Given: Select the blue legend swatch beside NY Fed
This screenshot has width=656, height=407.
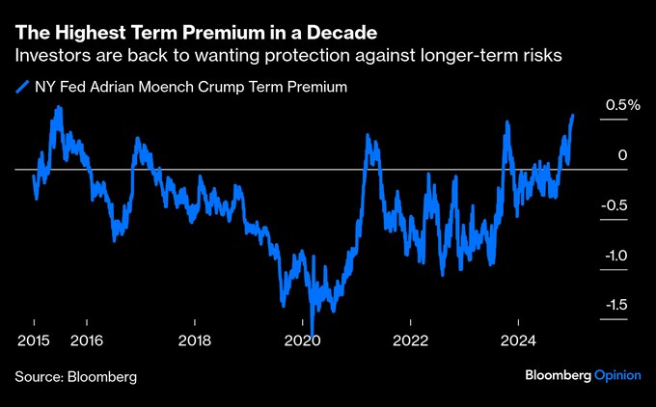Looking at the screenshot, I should pyautogui.click(x=21, y=87).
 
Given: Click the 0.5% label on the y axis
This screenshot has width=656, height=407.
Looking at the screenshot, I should pyautogui.click(x=622, y=106).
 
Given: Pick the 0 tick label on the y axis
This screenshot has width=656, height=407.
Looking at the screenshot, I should pyautogui.click(x=623, y=155).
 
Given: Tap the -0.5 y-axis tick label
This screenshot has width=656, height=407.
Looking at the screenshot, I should pyautogui.click(x=619, y=205).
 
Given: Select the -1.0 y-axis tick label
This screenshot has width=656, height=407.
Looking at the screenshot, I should pyautogui.click(x=619, y=256).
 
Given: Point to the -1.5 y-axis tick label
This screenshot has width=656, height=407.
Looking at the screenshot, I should pyautogui.click(x=619, y=306).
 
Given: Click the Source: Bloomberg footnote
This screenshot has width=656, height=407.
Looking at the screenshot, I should pyautogui.click(x=75, y=375).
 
